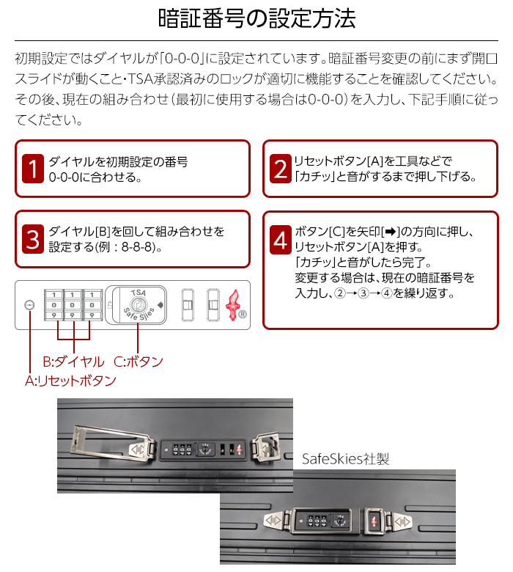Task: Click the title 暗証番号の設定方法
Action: click(x=256, y=18)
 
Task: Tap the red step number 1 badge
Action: click(x=33, y=169)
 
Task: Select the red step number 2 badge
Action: click(x=281, y=169)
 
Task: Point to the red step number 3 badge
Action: click(x=33, y=239)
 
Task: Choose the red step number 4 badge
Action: click(x=281, y=240)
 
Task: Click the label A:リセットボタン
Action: click(x=70, y=381)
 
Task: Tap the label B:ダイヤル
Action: click(x=73, y=362)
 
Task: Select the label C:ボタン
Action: click(x=139, y=362)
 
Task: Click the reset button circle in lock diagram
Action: click(x=29, y=305)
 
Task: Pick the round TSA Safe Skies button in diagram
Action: click(x=139, y=304)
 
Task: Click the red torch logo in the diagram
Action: click(x=232, y=305)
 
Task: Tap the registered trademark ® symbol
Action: click(x=243, y=314)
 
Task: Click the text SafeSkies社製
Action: click(x=345, y=458)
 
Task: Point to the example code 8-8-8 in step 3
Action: click(x=136, y=247)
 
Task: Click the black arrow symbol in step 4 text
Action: click(x=391, y=231)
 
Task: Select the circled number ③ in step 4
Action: click(x=363, y=293)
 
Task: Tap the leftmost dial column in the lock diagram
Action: click(x=54, y=305)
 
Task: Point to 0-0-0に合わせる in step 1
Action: click(x=95, y=177)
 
